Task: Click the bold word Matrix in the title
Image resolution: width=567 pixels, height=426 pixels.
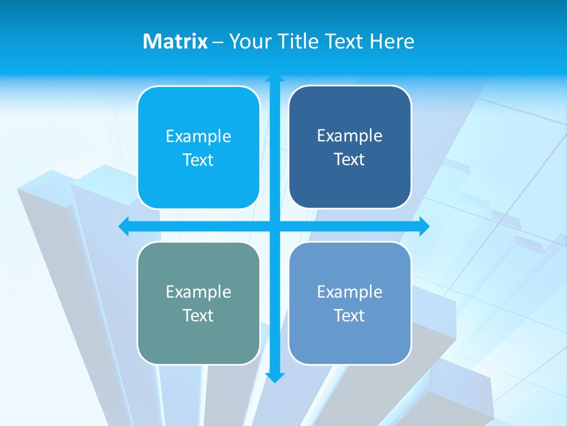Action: tap(175, 41)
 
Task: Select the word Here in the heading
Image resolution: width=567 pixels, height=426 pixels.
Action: tap(392, 41)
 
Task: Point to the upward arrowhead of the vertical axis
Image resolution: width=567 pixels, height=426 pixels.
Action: tap(275, 78)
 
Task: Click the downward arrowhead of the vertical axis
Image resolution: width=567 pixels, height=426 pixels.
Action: tap(275, 377)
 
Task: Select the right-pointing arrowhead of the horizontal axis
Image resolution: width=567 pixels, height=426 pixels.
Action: tap(424, 226)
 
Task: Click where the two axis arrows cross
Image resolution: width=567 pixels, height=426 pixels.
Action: tap(275, 226)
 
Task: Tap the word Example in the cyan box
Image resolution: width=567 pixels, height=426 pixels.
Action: tap(198, 137)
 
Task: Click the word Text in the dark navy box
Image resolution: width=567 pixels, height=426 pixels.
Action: tap(350, 160)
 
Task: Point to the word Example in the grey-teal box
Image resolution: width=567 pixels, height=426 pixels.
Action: tap(198, 292)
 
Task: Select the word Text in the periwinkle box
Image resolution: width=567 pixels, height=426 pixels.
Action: tap(350, 316)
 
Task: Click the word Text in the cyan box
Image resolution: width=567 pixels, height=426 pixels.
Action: tap(198, 160)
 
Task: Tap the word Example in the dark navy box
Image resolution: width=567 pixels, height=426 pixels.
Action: tap(350, 136)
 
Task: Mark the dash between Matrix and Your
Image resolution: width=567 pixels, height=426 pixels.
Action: tap(218, 42)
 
